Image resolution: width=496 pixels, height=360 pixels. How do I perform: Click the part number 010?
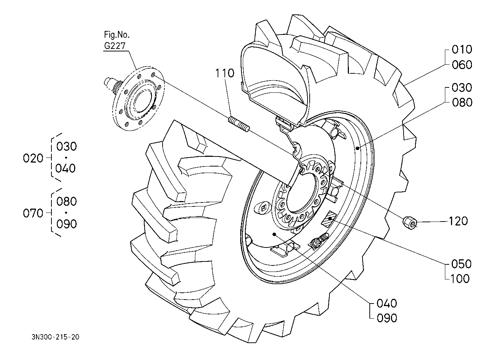coord(462,49)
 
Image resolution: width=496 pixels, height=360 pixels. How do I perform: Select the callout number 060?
coord(462,65)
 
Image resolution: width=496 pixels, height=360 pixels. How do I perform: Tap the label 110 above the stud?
coord(224,73)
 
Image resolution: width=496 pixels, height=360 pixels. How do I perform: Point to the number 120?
coord(458,221)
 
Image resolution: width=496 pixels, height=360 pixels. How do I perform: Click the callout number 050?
coord(461,264)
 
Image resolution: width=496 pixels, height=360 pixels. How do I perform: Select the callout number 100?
coord(460,278)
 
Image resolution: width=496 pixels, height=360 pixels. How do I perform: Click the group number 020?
coord(33,158)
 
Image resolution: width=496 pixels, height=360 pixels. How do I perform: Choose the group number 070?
coord(33,213)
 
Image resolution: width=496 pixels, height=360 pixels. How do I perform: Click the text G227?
coord(115,46)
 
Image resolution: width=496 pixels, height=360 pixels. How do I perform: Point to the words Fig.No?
coord(117,35)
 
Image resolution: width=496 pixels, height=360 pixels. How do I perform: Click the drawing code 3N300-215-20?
coord(55,337)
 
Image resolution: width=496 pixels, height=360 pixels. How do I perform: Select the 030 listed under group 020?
coord(67,146)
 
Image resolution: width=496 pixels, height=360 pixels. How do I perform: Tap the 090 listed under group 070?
coord(67,224)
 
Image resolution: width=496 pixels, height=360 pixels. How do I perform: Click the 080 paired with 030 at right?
coord(462,102)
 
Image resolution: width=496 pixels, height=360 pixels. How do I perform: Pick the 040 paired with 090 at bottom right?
coord(387,303)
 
